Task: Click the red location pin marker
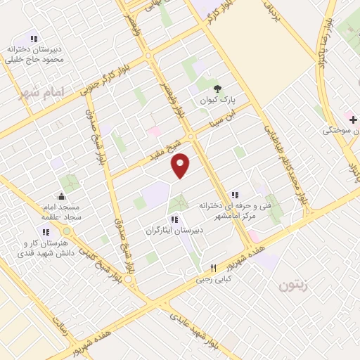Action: point(181,165)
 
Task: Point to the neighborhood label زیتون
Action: point(294,285)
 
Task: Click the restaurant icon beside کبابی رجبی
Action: point(214,269)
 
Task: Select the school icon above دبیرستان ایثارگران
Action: point(174,219)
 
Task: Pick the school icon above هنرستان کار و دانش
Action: point(46,232)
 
